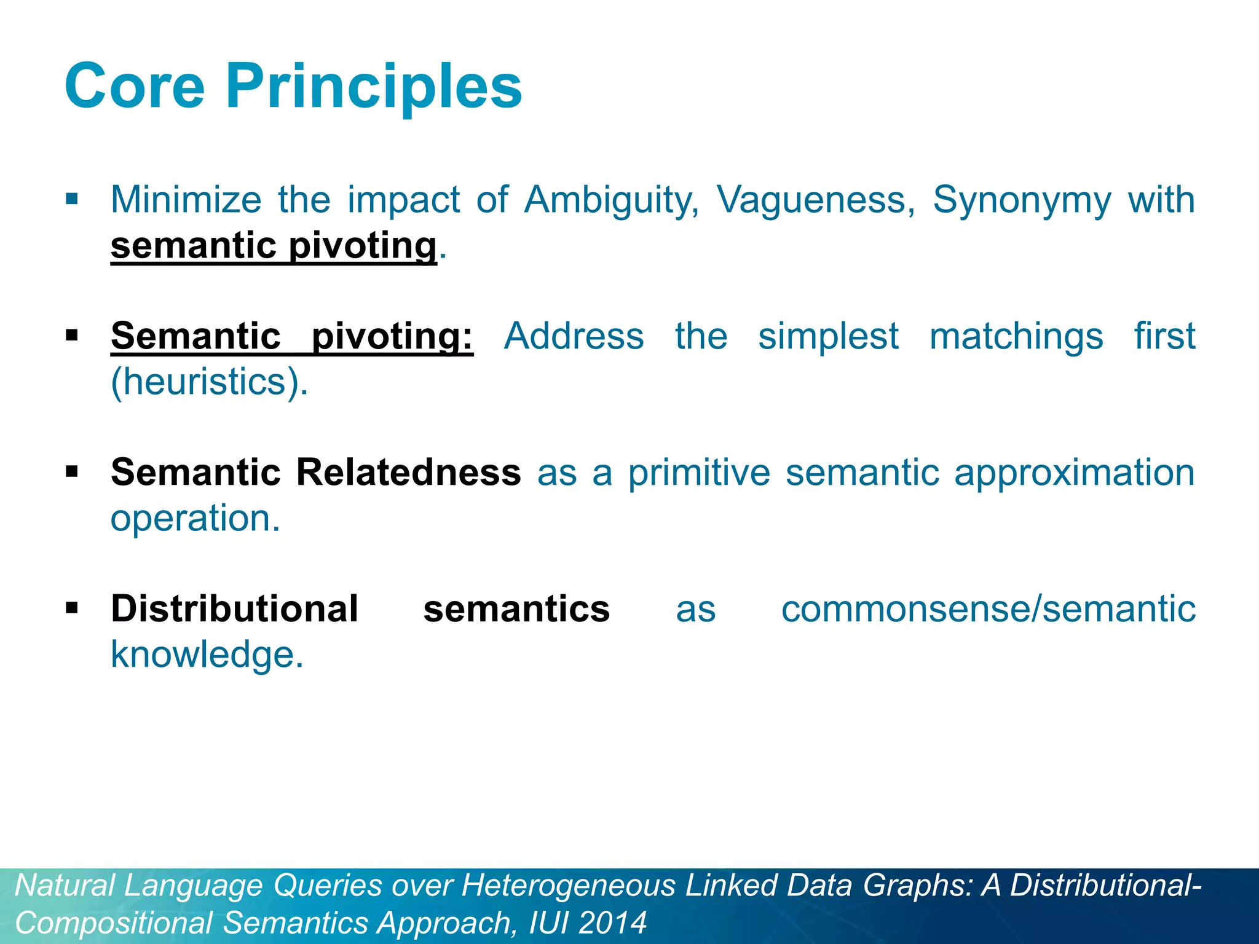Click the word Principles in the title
374,87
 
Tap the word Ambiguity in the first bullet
611,200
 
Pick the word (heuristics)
209,382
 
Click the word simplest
828,337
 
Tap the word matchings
1016,337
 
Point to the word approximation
1074,473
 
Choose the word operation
195,518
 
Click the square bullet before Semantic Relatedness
72,472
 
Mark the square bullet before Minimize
72,199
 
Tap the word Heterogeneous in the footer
569,886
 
